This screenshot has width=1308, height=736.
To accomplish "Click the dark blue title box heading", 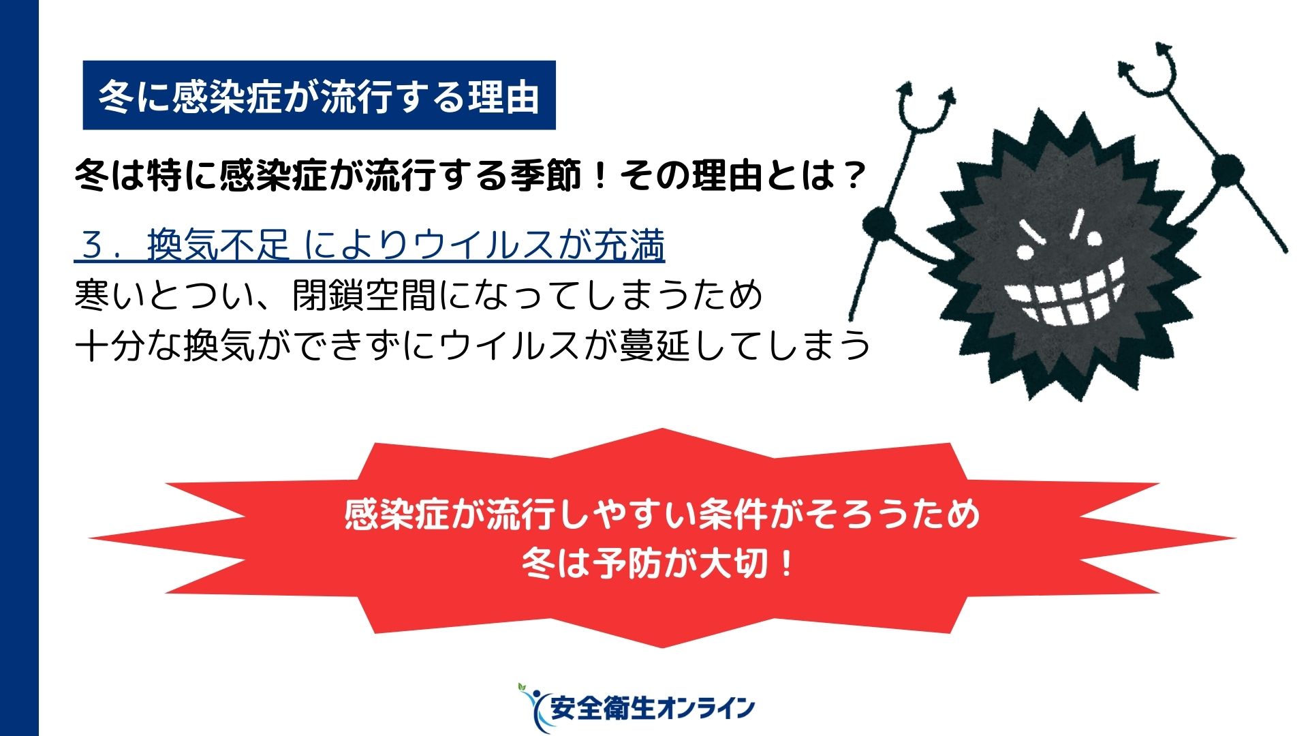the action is [319, 95].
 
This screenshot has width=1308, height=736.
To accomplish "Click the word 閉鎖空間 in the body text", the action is [364, 295].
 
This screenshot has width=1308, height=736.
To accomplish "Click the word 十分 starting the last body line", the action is [110, 345].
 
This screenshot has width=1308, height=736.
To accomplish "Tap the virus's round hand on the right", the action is [1228, 169].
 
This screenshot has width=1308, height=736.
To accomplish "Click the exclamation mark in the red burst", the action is [786, 564].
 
